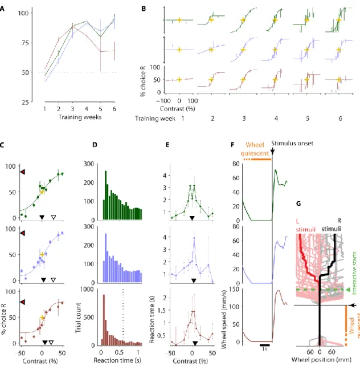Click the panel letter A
click(2, 9)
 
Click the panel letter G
click(298, 204)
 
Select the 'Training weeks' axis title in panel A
click(80, 117)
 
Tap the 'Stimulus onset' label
click(292, 143)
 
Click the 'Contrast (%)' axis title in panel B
click(177, 108)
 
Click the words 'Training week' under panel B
click(156, 119)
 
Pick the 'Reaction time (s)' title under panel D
click(117, 360)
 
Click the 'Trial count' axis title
click(78, 318)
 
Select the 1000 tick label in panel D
click(87, 290)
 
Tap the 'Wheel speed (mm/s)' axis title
click(224, 319)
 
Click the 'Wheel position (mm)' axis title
click(321, 359)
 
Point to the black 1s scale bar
click(264, 345)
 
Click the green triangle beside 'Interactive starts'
click(348, 290)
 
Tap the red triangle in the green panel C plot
click(22, 172)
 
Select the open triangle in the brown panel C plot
click(51, 343)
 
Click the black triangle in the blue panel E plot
click(194, 280)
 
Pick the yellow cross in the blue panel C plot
click(42, 254)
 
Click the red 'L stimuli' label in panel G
click(305, 225)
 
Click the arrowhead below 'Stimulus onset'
click(272, 152)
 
